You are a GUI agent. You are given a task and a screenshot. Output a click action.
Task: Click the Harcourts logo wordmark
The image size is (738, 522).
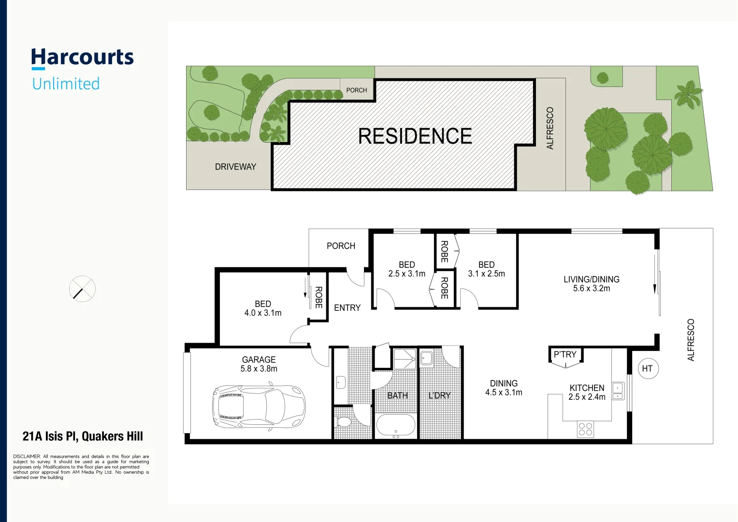(82, 58)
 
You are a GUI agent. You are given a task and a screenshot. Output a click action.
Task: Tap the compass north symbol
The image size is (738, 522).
(82, 290)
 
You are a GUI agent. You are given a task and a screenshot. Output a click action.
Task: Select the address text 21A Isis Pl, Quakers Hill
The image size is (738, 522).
(83, 436)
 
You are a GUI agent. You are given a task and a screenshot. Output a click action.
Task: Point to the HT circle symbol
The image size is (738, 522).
(647, 369)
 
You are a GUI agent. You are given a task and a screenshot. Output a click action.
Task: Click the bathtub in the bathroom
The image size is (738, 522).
(395, 426)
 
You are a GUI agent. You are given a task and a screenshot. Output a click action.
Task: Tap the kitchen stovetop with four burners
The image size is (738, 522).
(585, 430)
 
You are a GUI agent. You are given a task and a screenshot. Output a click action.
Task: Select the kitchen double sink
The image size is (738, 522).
(618, 391)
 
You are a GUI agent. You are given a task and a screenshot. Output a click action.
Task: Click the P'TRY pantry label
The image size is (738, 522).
(565, 354)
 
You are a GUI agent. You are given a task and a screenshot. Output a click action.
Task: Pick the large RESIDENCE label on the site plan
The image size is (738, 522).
(415, 136)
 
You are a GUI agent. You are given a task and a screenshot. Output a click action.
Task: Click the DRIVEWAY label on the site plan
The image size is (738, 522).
(235, 167)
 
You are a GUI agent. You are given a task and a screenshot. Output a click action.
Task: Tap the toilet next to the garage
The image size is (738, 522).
(343, 422)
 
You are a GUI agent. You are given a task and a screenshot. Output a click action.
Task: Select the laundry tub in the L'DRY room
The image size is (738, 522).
(426, 358)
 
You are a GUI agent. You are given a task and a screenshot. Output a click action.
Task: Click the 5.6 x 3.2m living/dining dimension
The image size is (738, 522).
(591, 289)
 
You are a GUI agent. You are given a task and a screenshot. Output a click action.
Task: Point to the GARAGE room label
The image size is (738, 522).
(259, 360)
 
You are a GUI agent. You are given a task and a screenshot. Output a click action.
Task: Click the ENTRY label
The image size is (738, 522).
(347, 308)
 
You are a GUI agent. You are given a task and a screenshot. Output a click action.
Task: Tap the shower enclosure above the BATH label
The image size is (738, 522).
(405, 359)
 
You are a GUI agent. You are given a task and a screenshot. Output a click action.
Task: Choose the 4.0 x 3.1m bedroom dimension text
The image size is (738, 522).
(262, 313)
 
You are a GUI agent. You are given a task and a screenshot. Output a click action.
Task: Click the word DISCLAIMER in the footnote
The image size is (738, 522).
(27, 456)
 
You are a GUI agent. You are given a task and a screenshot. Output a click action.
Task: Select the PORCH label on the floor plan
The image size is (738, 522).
(341, 246)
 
